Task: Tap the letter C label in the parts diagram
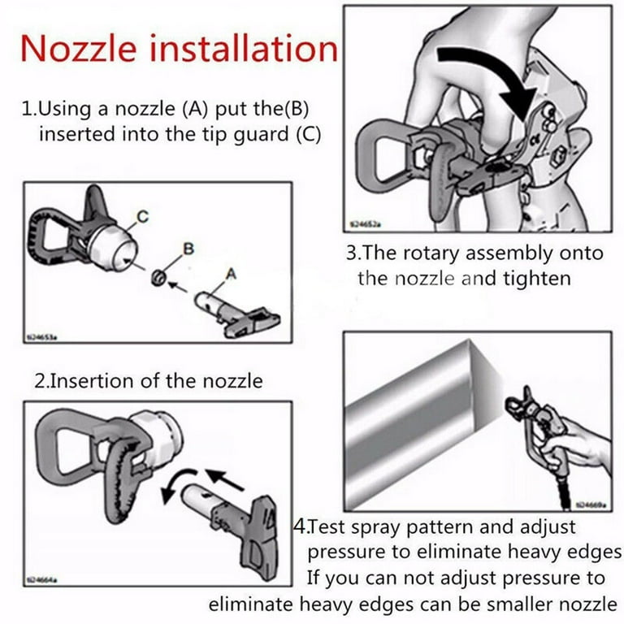coord(143,215)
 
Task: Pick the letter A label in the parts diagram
coord(231,275)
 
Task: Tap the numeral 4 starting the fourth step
coord(299,527)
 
